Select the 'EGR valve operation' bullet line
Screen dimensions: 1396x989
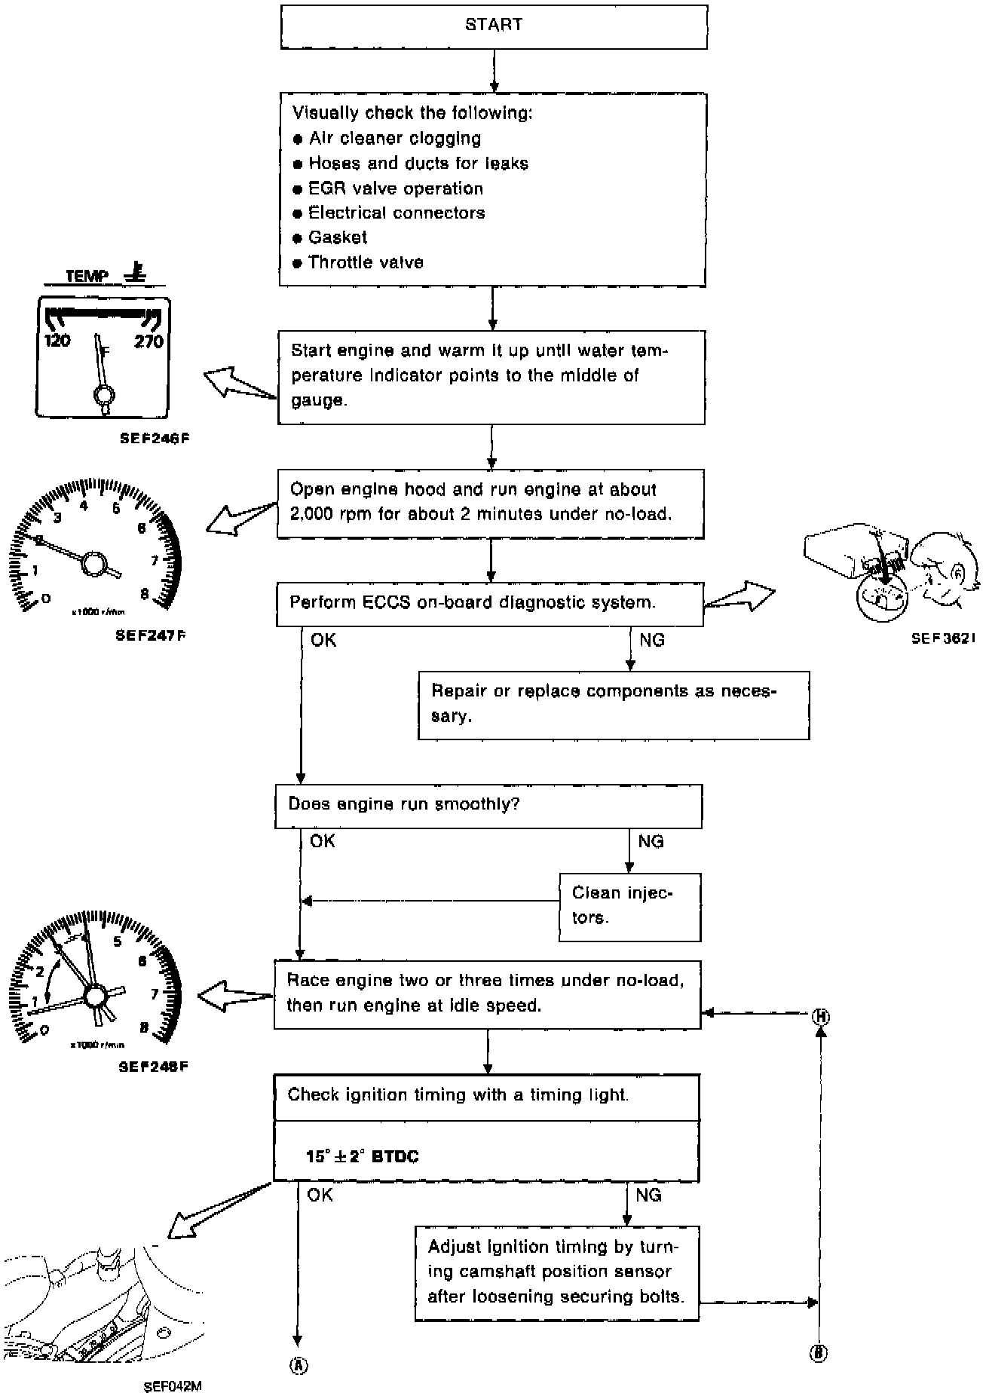coord(395,188)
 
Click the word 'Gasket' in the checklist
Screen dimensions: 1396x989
coord(338,237)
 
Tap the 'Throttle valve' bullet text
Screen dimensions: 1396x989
coord(366,262)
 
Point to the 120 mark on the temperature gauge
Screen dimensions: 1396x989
coord(57,341)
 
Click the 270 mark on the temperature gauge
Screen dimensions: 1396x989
coord(149,341)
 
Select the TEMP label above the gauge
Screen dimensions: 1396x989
coord(87,276)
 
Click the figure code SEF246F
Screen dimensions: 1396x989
coord(154,437)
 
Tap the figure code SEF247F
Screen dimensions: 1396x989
coord(151,635)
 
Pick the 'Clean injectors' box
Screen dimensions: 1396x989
coord(629,906)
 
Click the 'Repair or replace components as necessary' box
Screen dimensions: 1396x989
coord(613,705)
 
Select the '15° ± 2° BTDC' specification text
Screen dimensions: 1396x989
coord(362,1156)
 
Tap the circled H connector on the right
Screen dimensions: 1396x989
coord(821,1018)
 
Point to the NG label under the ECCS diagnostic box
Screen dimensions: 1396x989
coord(651,641)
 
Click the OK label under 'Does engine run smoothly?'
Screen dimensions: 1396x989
coord(323,841)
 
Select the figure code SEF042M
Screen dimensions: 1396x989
coord(172,1385)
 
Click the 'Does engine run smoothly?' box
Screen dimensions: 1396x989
coord(488,805)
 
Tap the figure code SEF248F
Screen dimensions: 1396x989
coord(153,1067)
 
